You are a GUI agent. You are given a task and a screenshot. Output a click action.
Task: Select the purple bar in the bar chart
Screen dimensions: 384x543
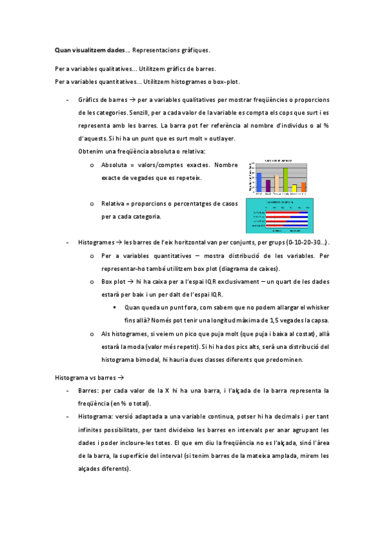(268, 185)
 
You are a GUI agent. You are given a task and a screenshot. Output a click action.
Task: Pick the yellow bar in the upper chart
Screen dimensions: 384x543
(294, 188)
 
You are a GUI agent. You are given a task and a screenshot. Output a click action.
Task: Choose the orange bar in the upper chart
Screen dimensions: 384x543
(303, 186)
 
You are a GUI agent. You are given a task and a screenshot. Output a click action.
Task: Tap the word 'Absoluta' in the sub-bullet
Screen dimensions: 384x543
(114, 165)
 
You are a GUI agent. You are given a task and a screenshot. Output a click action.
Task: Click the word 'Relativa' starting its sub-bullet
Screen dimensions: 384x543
(114, 204)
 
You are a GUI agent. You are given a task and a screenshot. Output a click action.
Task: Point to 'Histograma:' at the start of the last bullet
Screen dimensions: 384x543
(96, 416)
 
